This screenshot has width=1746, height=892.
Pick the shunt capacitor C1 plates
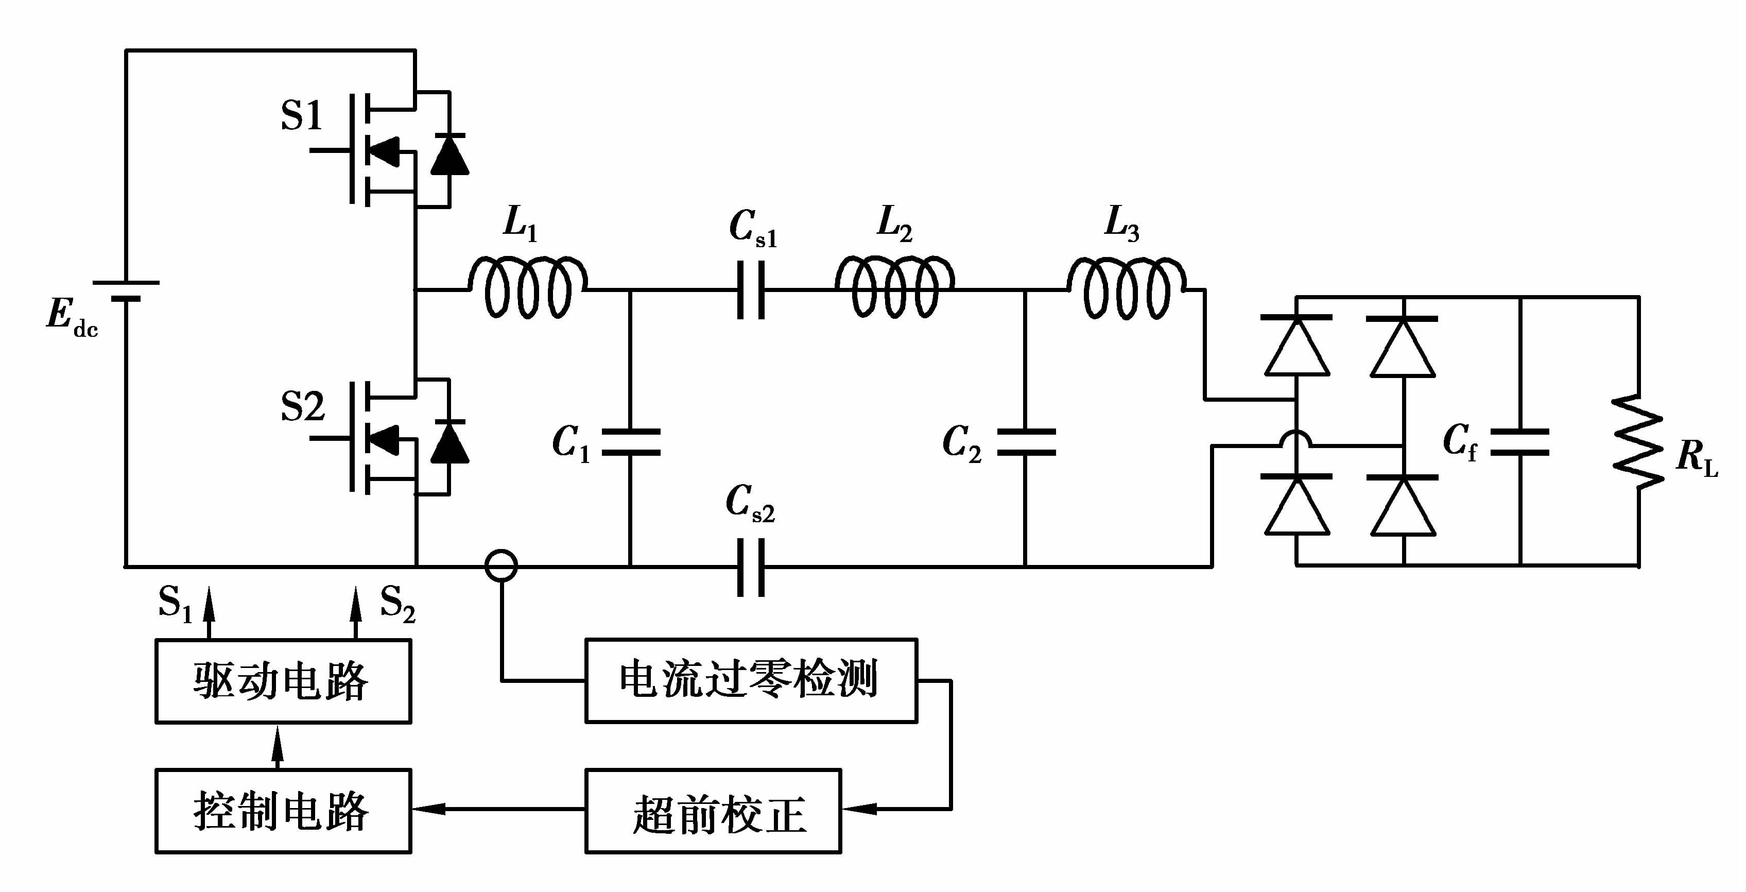point(630,442)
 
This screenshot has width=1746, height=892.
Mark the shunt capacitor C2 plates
point(1026,442)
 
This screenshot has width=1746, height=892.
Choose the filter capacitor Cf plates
point(1521,442)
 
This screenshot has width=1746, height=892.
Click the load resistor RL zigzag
point(1637,442)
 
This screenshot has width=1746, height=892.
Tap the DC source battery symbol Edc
point(126,290)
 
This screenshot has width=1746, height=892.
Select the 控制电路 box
point(283,811)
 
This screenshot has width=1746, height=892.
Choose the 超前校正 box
point(713,811)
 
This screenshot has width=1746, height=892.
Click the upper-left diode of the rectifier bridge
point(1296,346)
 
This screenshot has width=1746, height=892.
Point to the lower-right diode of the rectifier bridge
point(1403,506)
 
